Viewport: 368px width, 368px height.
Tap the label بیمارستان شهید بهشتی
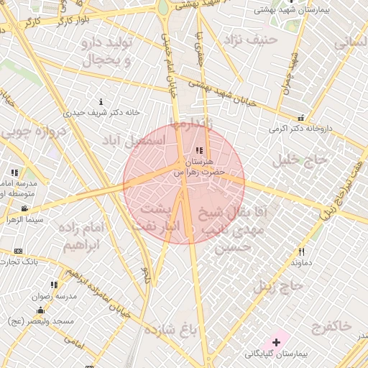click(x=296, y=11)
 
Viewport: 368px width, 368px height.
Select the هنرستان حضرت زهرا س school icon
click(x=199, y=150)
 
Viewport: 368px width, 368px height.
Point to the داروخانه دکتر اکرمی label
click(x=303, y=129)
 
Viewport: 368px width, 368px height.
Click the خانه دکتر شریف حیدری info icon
click(x=101, y=102)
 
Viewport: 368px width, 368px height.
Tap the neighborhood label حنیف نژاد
click(x=249, y=38)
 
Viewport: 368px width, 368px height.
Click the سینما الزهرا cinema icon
click(x=24, y=208)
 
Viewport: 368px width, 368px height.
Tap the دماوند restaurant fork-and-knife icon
click(x=301, y=252)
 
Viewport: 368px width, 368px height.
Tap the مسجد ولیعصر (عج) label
click(x=43, y=321)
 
